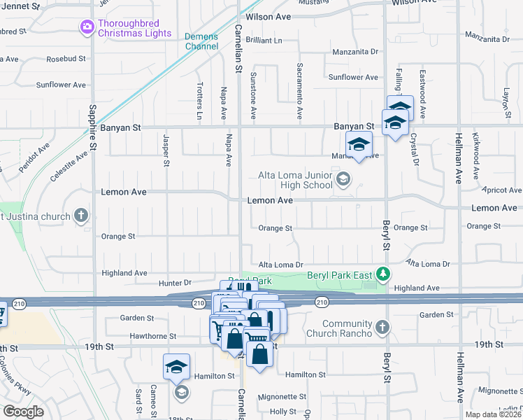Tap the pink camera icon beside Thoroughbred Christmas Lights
point(87,27)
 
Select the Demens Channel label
point(201,41)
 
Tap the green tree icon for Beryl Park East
point(382,274)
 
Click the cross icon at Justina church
point(82,215)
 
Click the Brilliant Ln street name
point(263,41)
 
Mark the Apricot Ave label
point(502,190)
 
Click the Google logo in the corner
point(23,412)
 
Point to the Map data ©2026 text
point(493,414)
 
